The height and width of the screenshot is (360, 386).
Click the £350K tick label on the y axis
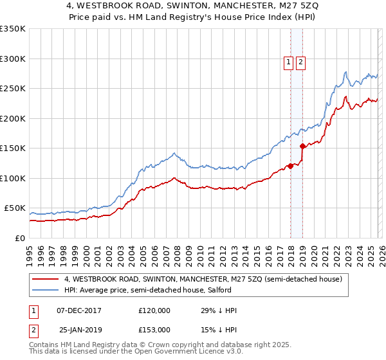click(x=13, y=29)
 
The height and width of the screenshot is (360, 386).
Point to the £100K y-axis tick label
click(x=13, y=178)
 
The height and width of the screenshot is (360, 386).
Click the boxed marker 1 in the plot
click(x=288, y=62)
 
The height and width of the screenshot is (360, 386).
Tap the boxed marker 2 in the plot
click(x=300, y=62)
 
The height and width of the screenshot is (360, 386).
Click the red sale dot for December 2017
click(x=290, y=166)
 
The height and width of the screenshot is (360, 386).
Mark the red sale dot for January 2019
click(x=302, y=147)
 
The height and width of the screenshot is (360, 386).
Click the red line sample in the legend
click(x=46, y=279)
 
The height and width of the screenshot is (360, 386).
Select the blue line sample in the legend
click(x=46, y=290)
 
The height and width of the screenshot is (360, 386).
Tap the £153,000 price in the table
click(x=154, y=329)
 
